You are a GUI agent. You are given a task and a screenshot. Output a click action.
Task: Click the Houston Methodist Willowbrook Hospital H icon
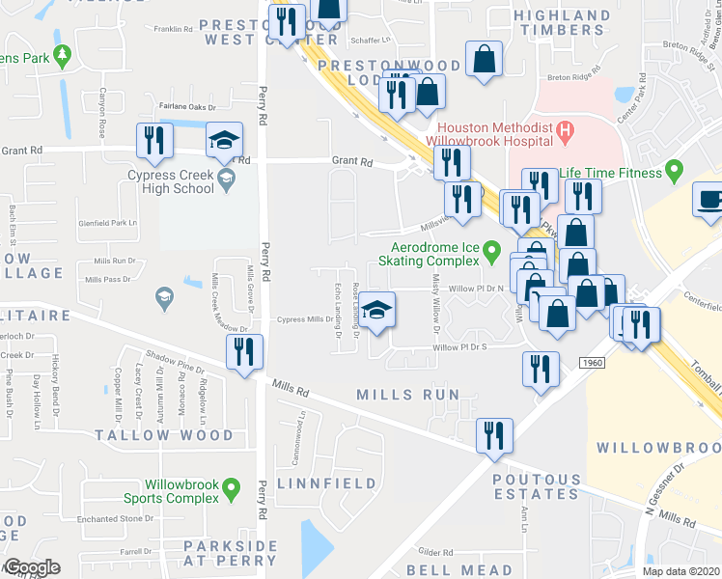point(566,128)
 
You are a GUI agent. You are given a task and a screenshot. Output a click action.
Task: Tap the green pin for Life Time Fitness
point(675,172)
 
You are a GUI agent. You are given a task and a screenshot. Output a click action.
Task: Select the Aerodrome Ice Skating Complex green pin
point(492,253)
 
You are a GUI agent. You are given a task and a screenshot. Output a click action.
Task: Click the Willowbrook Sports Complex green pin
point(230,490)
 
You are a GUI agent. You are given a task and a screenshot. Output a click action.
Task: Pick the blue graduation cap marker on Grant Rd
point(223,141)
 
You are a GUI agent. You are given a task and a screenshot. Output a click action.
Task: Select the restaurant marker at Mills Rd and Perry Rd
point(244,349)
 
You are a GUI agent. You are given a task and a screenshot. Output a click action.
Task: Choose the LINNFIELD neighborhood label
point(311,482)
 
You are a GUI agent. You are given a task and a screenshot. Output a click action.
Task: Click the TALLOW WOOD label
point(164,435)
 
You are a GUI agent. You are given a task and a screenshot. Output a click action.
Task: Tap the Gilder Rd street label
point(435,552)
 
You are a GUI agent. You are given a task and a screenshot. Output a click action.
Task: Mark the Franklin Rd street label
point(173,29)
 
